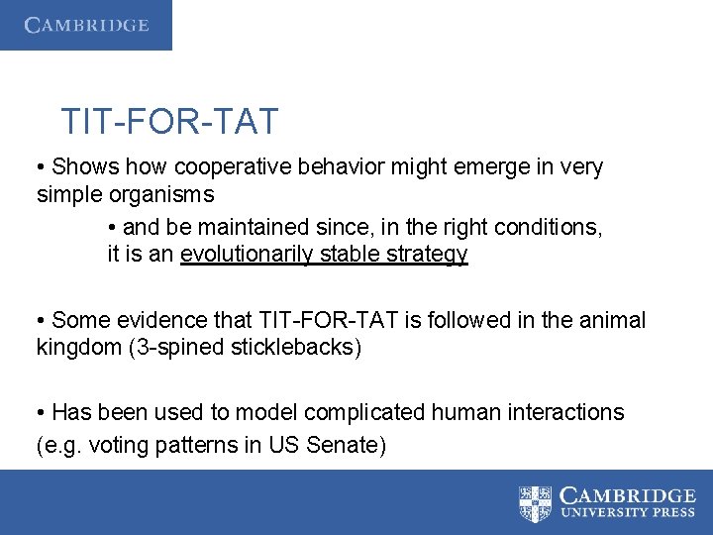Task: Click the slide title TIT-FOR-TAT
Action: [169, 122]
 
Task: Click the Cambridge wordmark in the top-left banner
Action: [87, 25]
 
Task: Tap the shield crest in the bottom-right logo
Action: [536, 503]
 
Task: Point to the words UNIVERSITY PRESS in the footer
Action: [627, 514]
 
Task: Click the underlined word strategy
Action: [428, 255]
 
